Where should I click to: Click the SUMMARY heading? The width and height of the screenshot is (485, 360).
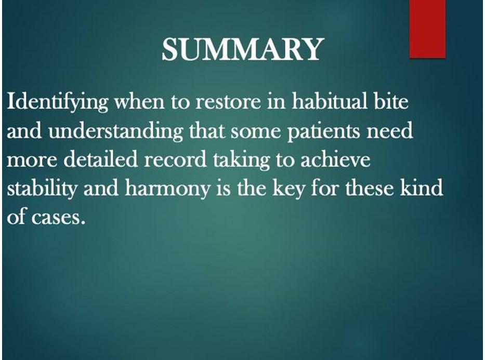pos(242,49)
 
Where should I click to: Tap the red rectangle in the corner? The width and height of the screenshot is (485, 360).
pos(427,29)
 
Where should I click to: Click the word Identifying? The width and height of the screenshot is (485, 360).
pos(58,102)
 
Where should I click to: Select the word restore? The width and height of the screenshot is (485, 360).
pos(228,102)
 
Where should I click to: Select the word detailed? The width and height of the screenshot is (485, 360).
pos(100,159)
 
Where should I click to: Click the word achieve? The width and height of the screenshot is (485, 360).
pos(335,159)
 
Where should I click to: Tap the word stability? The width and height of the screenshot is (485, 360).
pos(42,189)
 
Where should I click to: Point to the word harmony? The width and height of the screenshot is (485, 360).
pos(167,189)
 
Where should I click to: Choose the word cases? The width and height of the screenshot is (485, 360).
pos(58,218)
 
